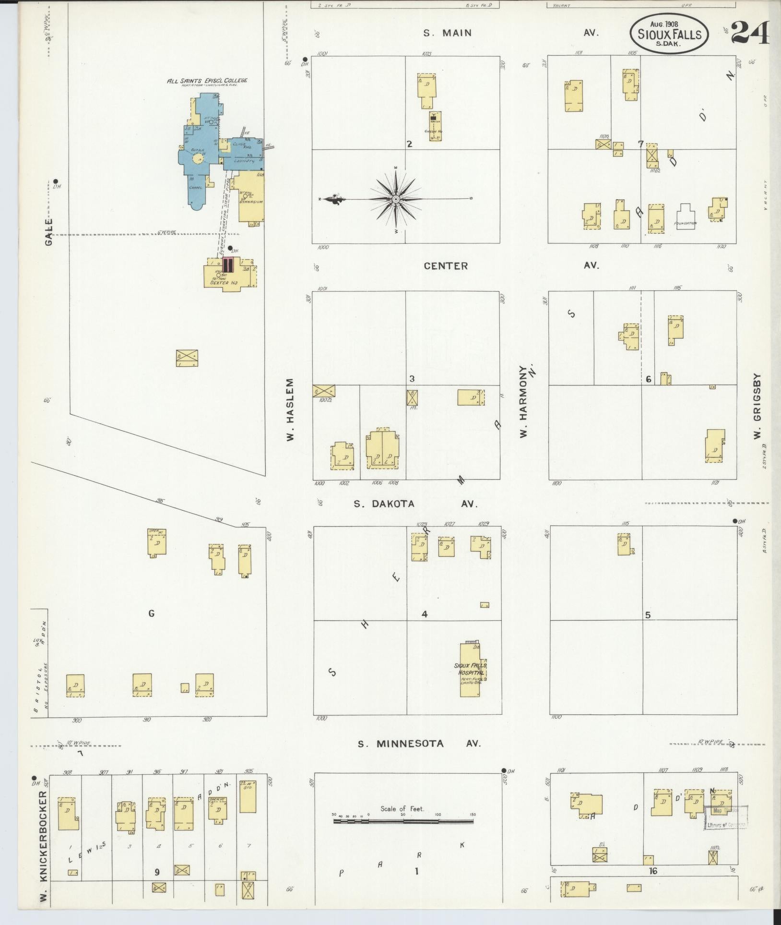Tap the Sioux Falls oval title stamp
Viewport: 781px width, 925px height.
669,34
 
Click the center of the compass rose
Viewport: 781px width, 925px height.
396,199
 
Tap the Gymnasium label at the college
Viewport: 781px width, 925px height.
251,202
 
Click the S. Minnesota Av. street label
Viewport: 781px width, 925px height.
419,744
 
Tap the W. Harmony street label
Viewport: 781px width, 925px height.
523,408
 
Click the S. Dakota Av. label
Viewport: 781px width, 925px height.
415,504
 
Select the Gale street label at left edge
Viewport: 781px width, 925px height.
49,232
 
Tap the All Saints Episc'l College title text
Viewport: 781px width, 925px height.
207,81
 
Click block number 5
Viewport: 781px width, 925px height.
648,615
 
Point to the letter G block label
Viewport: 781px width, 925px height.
152,613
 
